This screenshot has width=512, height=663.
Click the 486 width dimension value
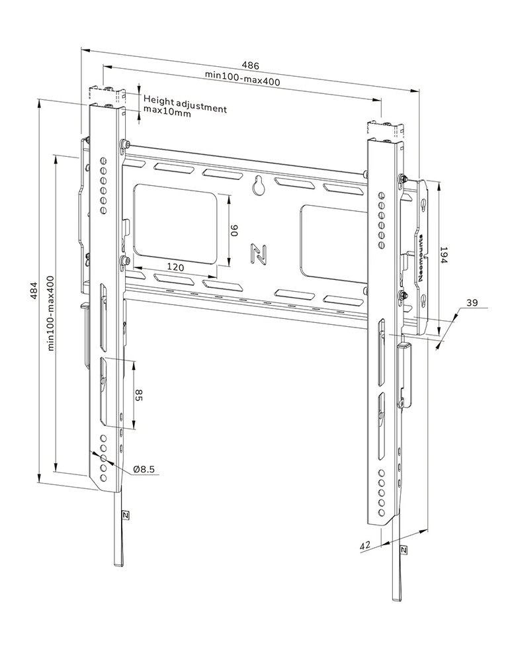coord(250,66)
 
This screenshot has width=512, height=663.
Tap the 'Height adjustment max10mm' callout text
coord(185,106)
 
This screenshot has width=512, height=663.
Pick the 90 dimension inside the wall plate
coord(234,231)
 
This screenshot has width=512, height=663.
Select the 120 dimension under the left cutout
coord(175,267)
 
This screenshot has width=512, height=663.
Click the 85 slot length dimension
coord(139,395)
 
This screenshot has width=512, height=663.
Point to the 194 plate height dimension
coord(444,257)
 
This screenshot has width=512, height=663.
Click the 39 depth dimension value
coord(472,302)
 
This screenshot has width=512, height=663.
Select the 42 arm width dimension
coord(364,546)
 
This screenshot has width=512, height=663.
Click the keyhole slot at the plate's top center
coord(259,186)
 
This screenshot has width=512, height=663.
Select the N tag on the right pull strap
coord(404,550)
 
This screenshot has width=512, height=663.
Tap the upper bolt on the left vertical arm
coord(124,145)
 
